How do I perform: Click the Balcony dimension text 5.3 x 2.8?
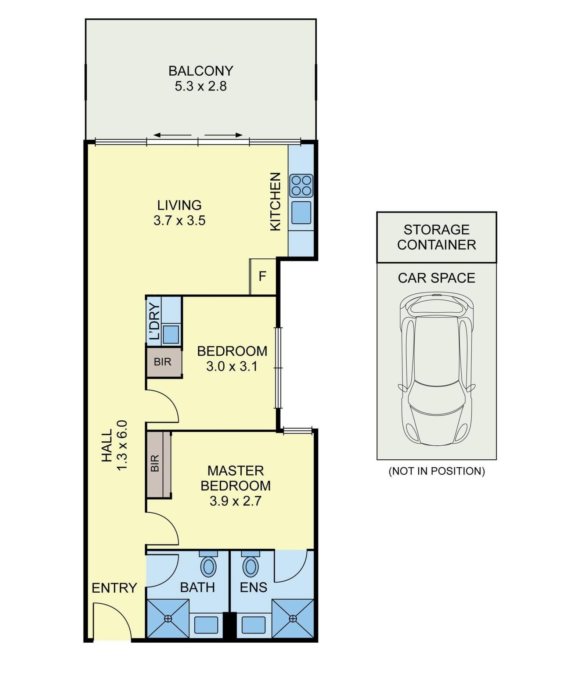click(201, 86)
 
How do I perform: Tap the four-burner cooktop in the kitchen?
click(301, 186)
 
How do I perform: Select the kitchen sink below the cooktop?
click(301, 212)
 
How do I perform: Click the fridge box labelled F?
click(262, 276)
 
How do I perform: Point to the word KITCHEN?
click(275, 202)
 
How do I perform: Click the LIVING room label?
click(179, 205)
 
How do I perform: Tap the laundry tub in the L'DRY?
click(171, 334)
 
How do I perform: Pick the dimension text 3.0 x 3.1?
click(232, 367)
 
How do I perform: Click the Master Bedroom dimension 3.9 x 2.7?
click(235, 501)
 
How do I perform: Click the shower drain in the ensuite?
click(293, 618)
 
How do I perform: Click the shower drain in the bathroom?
click(168, 618)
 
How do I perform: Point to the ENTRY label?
click(114, 588)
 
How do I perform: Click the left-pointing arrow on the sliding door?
click(172, 135)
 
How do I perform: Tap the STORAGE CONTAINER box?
click(436, 237)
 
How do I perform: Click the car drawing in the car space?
click(436, 369)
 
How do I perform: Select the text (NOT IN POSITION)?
click(437, 471)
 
